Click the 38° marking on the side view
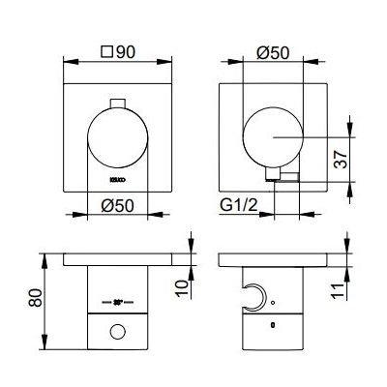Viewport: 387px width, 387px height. [x=118, y=302]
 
